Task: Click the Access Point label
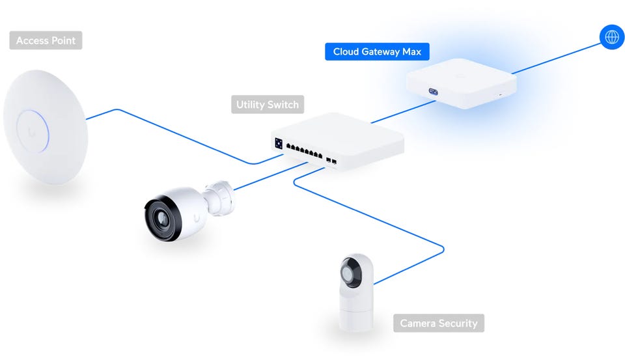46,40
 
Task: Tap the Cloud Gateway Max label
377,51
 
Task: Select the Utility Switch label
268,104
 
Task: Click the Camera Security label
438,323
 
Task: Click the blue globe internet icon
612,37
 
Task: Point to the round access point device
46,127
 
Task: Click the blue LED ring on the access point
33,131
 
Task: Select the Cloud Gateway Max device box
461,83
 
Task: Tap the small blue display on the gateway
434,92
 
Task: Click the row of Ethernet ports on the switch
304,151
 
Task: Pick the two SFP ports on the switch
331,161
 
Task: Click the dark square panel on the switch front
279,143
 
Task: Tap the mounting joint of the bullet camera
219,198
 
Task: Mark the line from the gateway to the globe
556,58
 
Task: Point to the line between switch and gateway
404,111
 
